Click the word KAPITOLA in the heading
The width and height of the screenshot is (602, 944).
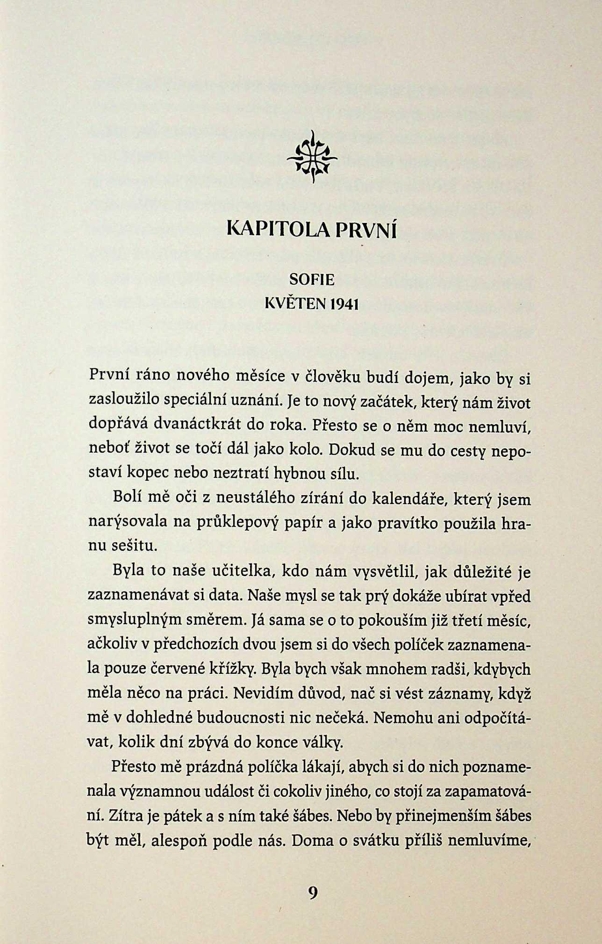[277, 231]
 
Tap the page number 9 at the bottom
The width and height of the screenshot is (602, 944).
[313, 892]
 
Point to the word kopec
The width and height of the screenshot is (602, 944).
[148, 474]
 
